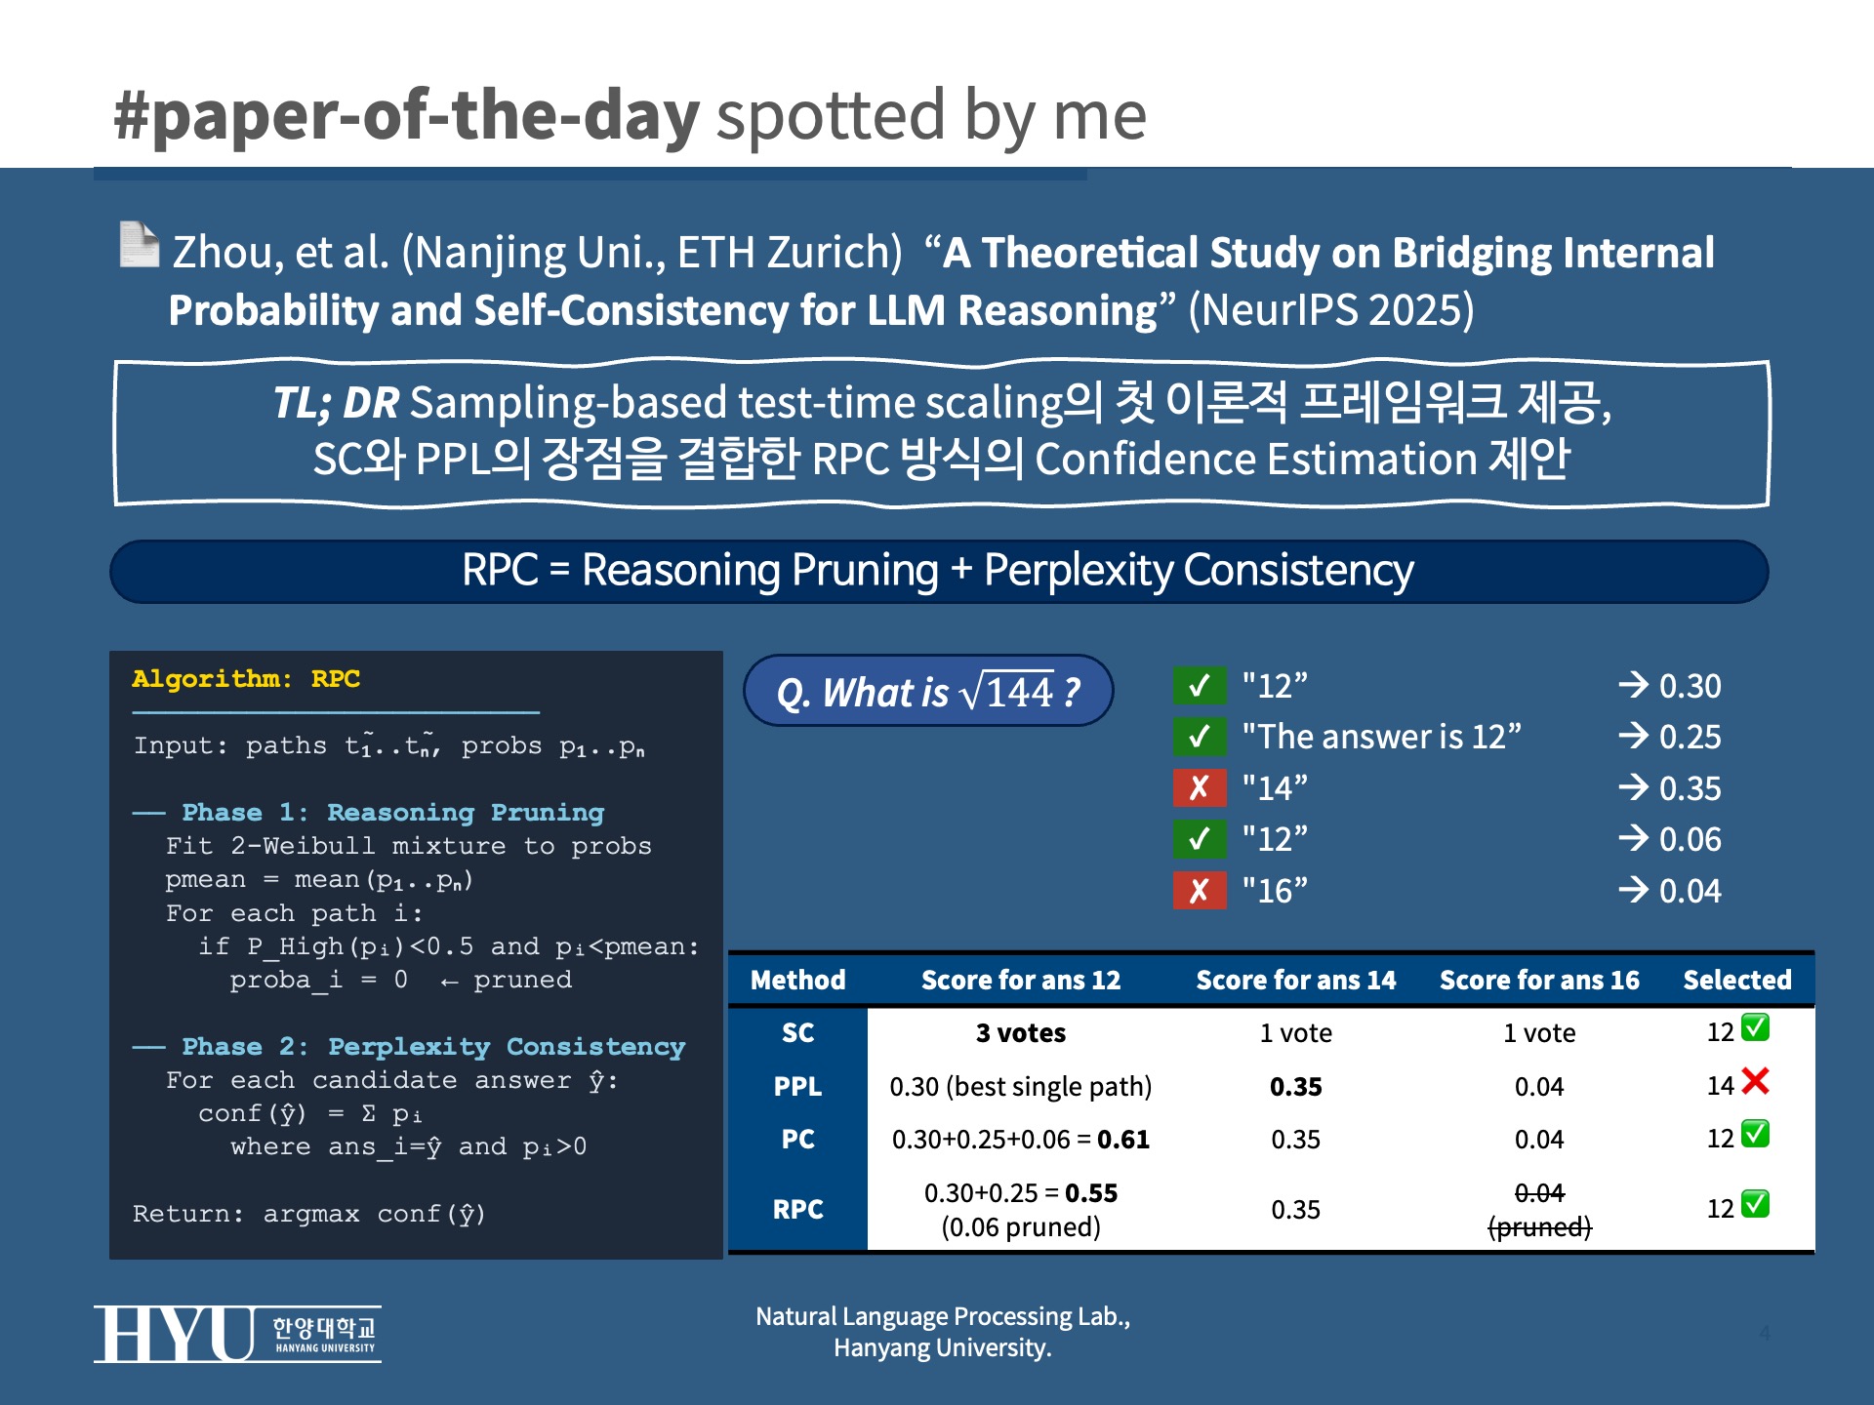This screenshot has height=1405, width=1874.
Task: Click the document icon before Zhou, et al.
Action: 139,244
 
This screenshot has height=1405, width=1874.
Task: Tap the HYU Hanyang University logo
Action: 237,1334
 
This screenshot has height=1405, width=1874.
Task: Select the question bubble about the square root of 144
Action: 928,691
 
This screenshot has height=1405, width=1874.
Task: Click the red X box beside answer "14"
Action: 1200,787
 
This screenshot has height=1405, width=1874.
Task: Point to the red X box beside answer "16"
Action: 1200,890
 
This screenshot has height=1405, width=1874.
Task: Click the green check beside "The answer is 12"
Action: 1200,737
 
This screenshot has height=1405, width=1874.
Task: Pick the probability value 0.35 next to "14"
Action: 1691,788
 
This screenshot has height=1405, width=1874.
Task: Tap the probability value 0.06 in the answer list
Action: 1691,839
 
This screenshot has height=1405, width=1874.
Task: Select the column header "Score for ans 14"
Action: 1296,980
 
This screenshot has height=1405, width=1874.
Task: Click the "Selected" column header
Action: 1737,980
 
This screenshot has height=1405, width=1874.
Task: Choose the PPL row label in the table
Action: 797,1086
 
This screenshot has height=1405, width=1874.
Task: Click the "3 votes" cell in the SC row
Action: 1021,1033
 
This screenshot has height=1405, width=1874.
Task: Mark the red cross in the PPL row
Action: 1755,1081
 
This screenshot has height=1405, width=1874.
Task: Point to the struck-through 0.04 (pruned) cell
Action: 1539,1210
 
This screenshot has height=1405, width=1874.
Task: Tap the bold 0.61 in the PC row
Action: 1123,1140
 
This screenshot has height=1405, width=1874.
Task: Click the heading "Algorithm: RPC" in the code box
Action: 246,679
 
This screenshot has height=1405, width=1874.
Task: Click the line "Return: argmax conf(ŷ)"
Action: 309,1215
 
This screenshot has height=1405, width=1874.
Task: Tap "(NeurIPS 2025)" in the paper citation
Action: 1330,310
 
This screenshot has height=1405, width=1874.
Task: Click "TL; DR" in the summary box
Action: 336,403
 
